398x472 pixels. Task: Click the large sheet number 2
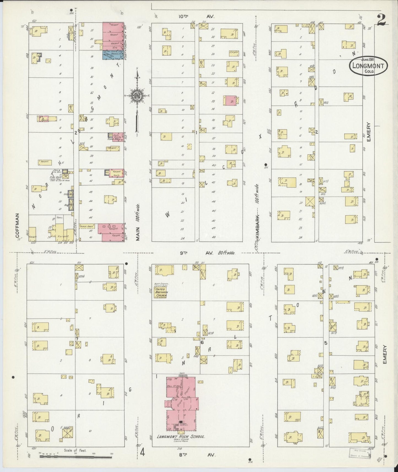pos(382,20)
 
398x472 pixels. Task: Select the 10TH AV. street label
pos(196,17)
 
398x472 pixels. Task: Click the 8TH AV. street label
pos(196,455)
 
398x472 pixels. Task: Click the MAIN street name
pos(137,234)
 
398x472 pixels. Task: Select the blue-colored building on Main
pos(113,55)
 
